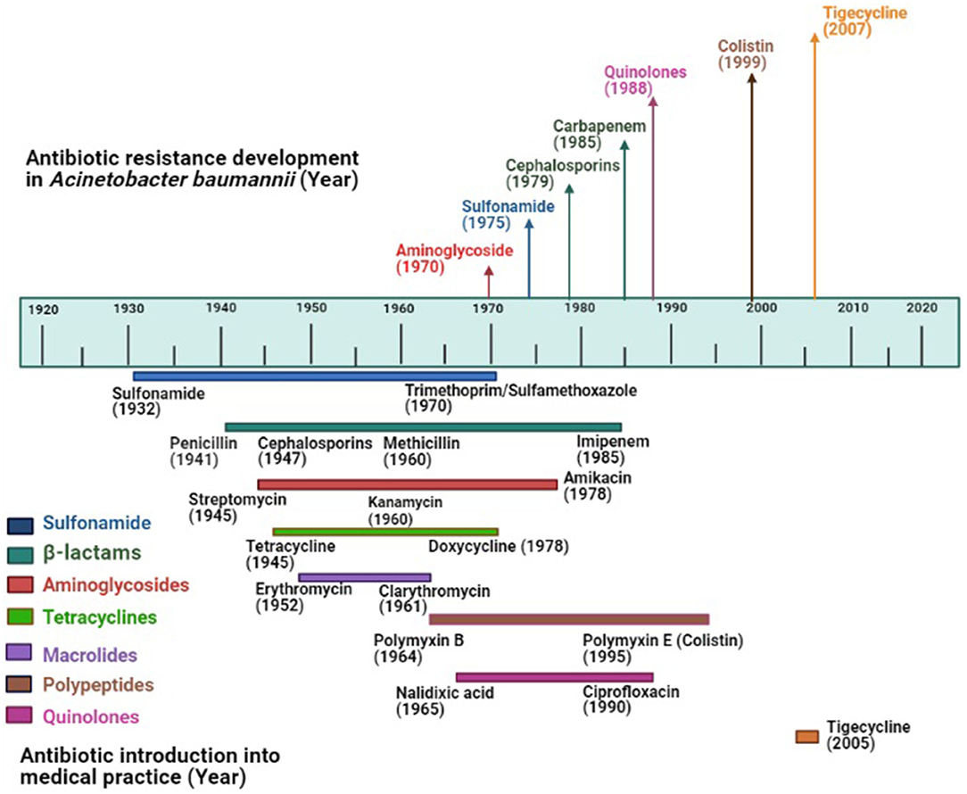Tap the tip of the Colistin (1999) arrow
click(752, 79)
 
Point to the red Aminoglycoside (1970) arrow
click(489, 280)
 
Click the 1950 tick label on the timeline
click(310, 308)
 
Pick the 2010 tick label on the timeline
click(852, 308)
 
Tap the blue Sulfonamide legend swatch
click(21, 525)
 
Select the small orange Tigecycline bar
click(806, 736)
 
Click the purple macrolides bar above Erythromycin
click(365, 578)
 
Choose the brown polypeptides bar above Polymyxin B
click(568, 619)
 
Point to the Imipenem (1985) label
click(612, 451)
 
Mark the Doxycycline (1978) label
click(498, 546)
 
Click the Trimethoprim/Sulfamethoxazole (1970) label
click(521, 399)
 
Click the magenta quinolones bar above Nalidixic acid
click(554, 677)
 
